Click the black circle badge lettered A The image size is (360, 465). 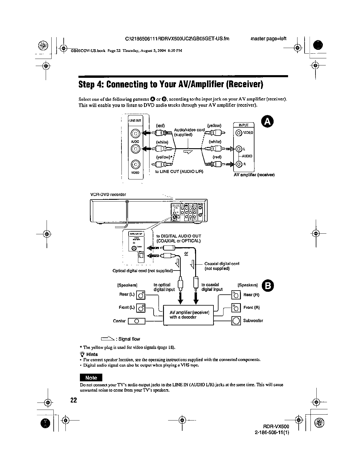point(267,122)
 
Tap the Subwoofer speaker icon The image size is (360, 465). point(236,321)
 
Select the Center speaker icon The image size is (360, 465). point(137,321)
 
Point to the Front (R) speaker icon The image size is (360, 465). point(236,308)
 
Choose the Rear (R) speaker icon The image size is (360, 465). point(236,295)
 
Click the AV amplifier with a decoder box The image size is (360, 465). point(188,315)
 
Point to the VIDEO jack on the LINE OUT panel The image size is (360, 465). point(135,164)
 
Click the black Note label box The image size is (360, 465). point(91,377)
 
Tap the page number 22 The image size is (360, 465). point(73,400)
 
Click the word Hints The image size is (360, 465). point(92,354)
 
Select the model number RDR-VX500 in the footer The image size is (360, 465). point(276,426)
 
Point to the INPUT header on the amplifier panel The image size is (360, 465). point(244,125)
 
